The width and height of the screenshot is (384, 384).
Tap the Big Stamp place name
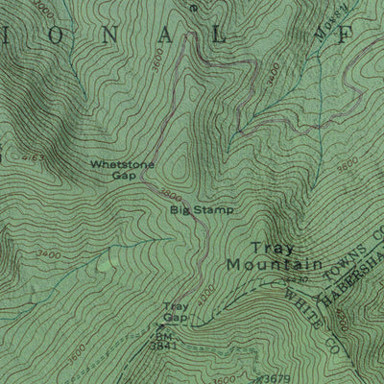pos(202,208)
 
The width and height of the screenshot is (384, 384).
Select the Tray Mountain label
pos(274,253)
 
